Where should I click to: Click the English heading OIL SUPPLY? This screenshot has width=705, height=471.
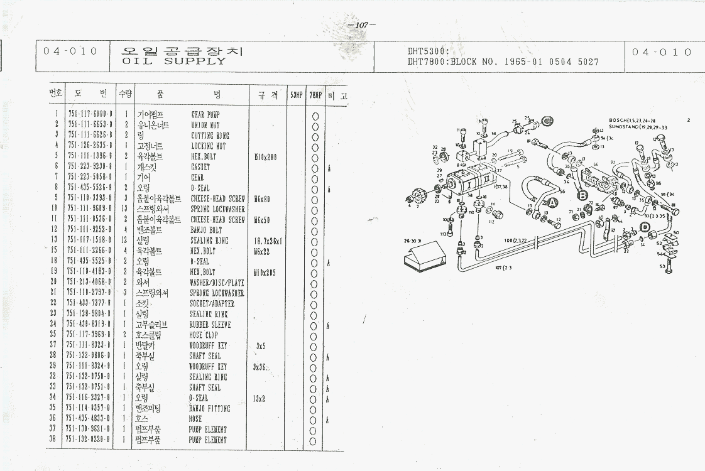click(x=173, y=62)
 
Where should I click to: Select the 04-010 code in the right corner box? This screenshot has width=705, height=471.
click(x=662, y=52)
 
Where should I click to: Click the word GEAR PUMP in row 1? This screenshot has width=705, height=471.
click(x=205, y=115)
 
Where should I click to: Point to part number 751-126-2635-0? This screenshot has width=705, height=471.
click(x=89, y=146)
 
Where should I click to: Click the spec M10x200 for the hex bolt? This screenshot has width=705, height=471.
click(x=265, y=156)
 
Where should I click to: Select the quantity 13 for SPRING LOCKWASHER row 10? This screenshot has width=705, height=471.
click(x=126, y=208)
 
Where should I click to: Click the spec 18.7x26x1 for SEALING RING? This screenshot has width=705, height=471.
click(x=268, y=241)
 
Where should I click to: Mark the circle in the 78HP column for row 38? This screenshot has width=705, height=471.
click(x=315, y=440)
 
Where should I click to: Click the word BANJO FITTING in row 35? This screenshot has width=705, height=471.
click(x=209, y=409)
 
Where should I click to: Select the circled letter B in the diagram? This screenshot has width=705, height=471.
click(x=581, y=195)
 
